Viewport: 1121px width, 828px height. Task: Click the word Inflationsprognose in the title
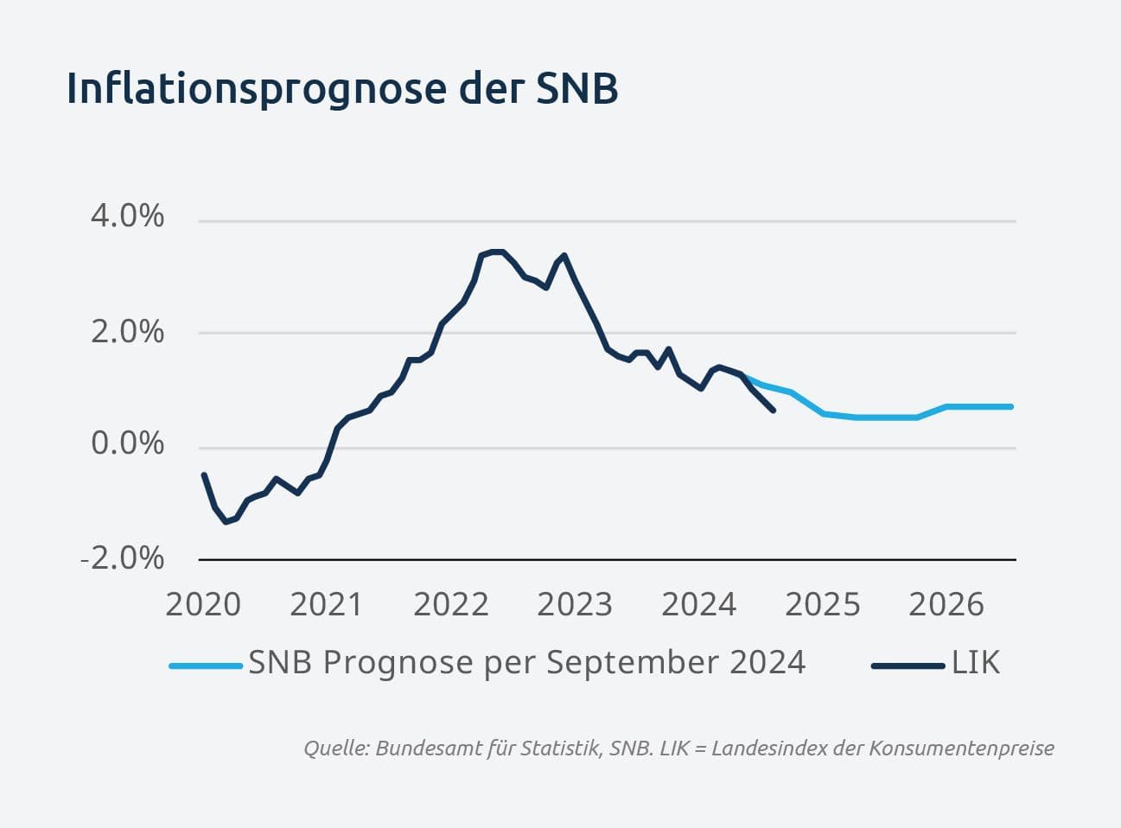[x=257, y=90]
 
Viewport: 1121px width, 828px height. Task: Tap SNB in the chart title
[x=576, y=88]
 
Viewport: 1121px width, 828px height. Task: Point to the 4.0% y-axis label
[x=127, y=216]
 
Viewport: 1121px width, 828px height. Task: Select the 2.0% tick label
[x=127, y=332]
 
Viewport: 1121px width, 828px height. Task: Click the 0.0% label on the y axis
[x=127, y=443]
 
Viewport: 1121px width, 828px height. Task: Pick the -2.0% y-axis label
[x=123, y=558]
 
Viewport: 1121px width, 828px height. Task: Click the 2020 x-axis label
[x=203, y=604]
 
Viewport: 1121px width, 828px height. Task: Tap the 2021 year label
[x=327, y=604]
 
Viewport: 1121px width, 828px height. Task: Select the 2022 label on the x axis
[x=451, y=604]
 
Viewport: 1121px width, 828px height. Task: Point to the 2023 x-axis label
[x=575, y=604]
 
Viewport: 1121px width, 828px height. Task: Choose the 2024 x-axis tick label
[x=698, y=604]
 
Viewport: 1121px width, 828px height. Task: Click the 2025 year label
[x=822, y=604]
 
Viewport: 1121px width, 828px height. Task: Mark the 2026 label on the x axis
[x=946, y=604]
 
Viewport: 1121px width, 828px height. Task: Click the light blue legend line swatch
[x=206, y=666]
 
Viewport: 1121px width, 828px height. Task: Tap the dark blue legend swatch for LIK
[x=908, y=666]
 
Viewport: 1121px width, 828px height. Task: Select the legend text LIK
[x=976, y=662]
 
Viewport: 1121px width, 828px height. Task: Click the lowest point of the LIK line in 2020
[x=226, y=522]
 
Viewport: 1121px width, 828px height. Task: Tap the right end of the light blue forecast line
[x=1011, y=407]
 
